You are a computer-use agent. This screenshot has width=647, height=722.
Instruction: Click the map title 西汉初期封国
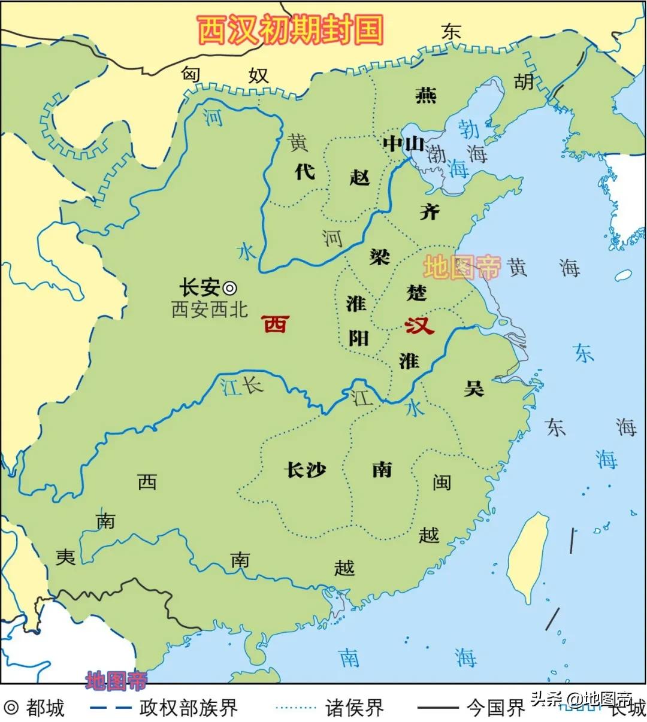click(290, 29)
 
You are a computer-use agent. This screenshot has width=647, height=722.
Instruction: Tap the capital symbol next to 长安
click(229, 288)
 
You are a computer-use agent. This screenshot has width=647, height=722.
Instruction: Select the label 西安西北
click(210, 310)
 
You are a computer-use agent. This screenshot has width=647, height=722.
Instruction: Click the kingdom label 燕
click(426, 95)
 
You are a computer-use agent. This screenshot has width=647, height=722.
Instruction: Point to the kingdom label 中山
click(403, 144)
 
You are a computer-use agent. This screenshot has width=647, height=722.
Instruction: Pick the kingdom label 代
click(304, 172)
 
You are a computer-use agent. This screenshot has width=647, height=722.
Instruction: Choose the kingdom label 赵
click(359, 177)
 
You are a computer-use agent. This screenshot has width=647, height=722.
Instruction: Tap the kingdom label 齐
click(429, 211)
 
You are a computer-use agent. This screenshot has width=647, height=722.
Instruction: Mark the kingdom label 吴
click(473, 389)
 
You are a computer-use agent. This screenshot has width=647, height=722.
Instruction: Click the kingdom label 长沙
click(306, 470)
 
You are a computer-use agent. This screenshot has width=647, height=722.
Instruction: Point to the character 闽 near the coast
click(442, 482)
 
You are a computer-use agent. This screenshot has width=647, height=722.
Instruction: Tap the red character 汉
click(419, 326)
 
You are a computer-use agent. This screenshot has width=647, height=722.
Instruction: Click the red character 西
click(276, 324)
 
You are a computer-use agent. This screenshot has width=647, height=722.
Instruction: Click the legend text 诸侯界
click(355, 708)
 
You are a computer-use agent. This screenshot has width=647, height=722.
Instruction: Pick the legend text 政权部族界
click(189, 708)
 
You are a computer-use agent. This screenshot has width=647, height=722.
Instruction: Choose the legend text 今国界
click(496, 708)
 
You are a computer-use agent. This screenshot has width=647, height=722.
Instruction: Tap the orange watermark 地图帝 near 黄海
click(461, 268)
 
